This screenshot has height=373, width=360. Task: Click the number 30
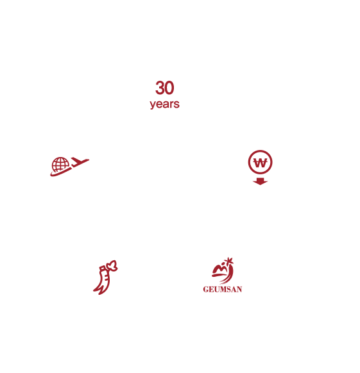tap(165, 88)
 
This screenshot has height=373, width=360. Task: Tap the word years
tap(165, 104)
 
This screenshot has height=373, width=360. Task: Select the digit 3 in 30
tap(160, 88)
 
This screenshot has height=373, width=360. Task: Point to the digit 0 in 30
tap(169, 88)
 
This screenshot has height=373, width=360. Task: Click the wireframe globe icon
tap(60, 164)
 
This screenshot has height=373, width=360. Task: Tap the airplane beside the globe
tap(80, 162)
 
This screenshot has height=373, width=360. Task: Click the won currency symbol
tap(260, 163)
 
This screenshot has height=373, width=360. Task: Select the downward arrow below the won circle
tap(260, 181)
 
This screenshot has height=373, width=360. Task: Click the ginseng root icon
tap(105, 278)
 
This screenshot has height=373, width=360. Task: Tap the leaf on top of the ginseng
tap(112, 265)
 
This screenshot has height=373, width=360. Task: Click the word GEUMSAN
tap(223, 290)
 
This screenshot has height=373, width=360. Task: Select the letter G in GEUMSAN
tap(206, 290)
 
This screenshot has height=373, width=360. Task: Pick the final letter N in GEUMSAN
tap(239, 290)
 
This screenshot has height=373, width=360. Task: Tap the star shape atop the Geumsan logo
tap(229, 261)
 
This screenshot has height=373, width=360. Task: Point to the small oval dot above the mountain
tap(223, 263)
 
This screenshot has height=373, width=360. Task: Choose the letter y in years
tap(153, 105)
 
